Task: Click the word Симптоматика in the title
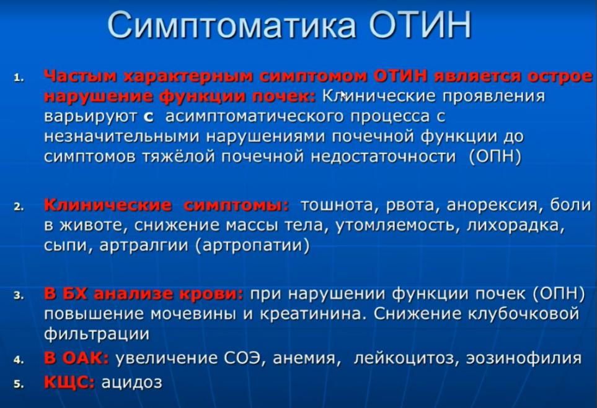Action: pyautogui.click(x=232, y=25)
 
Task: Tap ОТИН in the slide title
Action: pyautogui.click(x=420, y=25)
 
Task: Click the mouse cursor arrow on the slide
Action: pyautogui.click(x=343, y=95)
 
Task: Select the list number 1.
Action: pyautogui.click(x=19, y=78)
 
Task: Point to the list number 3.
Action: pyautogui.click(x=19, y=296)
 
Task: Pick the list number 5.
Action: pyautogui.click(x=19, y=384)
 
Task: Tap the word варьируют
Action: pyautogui.click(x=91, y=116)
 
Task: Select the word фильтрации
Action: pyautogui.click(x=97, y=334)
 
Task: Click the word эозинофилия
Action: pyautogui.click(x=524, y=358)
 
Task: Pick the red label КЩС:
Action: pyautogui.click(x=69, y=383)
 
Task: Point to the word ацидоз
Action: pyautogui.click(x=131, y=383)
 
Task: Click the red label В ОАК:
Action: pyautogui.click(x=76, y=358)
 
